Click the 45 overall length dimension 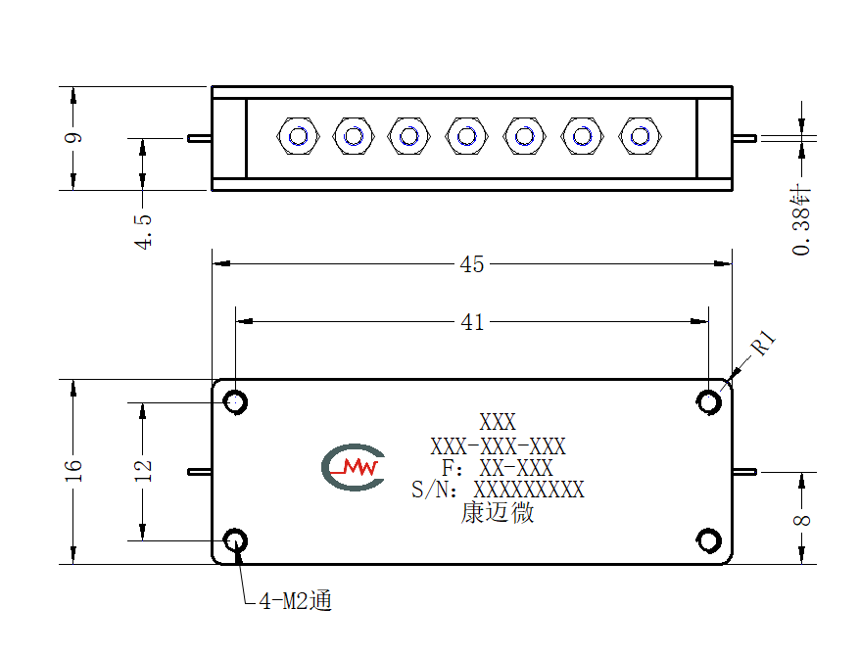point(472,264)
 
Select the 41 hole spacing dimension point(472,322)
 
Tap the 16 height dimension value point(72,471)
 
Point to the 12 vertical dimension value point(142,471)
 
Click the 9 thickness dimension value point(72,137)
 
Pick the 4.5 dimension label point(143,231)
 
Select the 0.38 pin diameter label point(801,221)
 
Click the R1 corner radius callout point(763,344)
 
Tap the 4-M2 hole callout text point(295,601)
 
